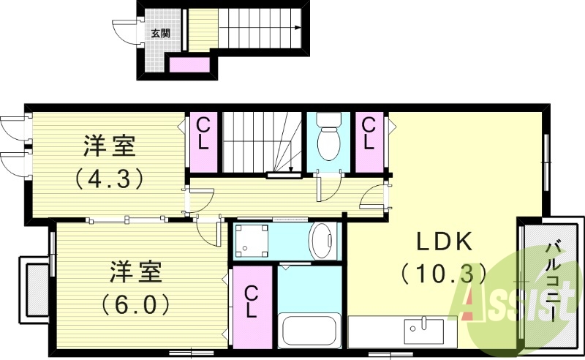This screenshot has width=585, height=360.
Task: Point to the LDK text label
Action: point(447,242)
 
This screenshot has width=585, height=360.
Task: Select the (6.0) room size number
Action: point(140,301)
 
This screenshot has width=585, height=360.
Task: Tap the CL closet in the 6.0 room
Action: point(251,302)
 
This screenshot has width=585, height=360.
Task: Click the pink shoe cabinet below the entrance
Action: point(189,66)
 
